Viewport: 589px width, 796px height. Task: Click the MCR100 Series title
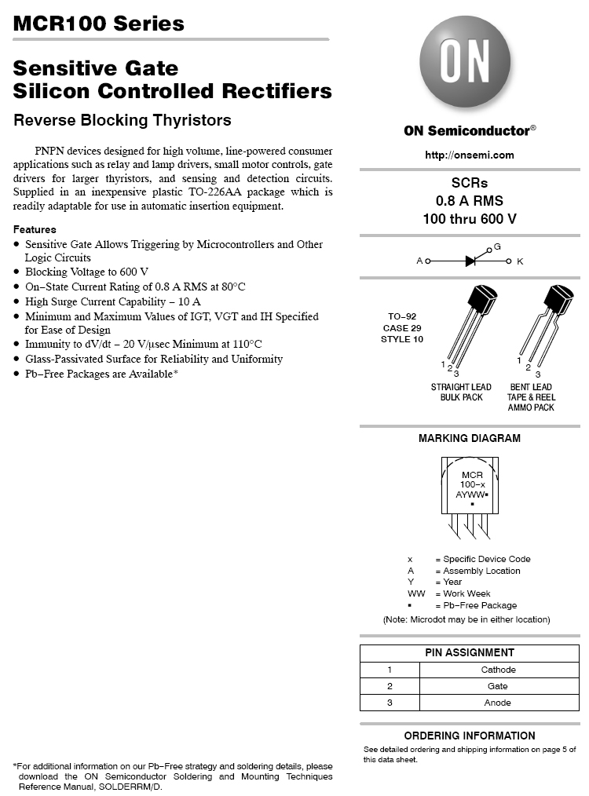tap(99, 24)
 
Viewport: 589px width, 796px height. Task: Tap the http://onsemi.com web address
tap(470, 155)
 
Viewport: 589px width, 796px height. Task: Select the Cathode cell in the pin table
tap(498, 670)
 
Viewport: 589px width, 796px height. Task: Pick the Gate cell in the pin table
tap(498, 686)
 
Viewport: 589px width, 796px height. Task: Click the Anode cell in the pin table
tap(498, 703)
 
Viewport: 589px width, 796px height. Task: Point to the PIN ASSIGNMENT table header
tap(470, 652)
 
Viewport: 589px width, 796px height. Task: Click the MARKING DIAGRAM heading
tap(470, 438)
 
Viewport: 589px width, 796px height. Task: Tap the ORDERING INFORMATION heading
tap(470, 736)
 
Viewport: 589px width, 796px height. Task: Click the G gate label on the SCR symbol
tap(496, 247)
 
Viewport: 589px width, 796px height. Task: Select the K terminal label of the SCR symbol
tap(520, 261)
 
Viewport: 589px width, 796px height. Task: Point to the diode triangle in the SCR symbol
tap(471, 261)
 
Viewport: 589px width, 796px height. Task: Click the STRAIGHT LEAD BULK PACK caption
tap(461, 392)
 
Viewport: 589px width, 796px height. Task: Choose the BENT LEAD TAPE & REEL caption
tap(531, 396)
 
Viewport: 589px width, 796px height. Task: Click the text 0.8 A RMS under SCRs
tap(470, 200)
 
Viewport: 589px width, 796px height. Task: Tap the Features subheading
tap(35, 229)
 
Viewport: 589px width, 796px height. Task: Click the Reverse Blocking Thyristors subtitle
tap(123, 120)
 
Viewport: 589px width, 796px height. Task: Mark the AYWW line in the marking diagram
tap(472, 495)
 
